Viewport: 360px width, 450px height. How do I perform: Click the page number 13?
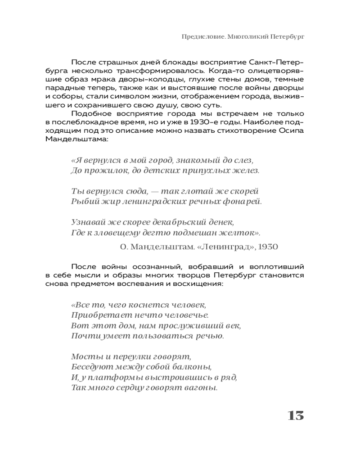coord(296,415)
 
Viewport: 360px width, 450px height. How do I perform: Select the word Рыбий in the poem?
coord(81,202)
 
